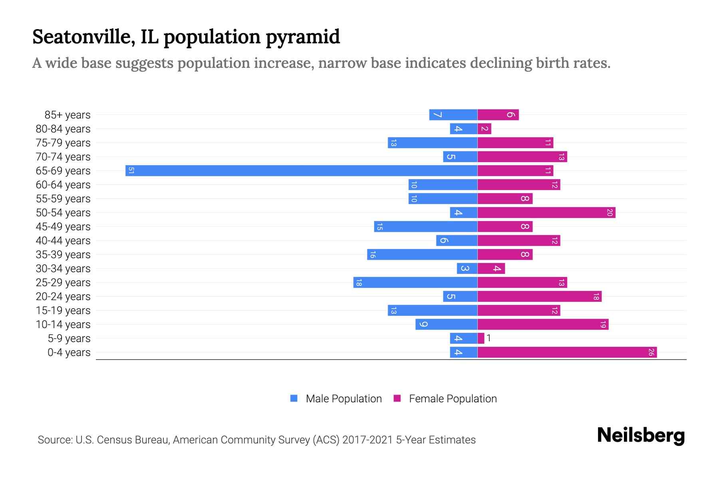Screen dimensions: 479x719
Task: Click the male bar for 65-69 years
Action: (x=302, y=171)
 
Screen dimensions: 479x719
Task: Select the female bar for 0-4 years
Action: (x=567, y=352)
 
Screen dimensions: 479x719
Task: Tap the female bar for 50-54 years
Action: (x=546, y=213)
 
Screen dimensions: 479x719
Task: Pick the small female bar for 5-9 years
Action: (x=481, y=338)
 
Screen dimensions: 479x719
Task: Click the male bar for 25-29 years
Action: (x=415, y=283)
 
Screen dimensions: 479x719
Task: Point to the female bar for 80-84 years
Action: (x=485, y=129)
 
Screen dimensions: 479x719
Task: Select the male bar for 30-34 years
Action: (x=467, y=269)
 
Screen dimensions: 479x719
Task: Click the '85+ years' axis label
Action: (x=68, y=115)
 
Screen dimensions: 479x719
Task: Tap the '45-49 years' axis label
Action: (x=63, y=227)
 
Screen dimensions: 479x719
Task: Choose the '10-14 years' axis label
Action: (x=63, y=325)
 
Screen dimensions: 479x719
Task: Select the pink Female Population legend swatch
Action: (x=397, y=398)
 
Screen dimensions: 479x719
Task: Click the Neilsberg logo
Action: (x=641, y=435)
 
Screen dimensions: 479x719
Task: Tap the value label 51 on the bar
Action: (x=131, y=171)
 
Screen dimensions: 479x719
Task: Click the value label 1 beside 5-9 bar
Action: (x=489, y=338)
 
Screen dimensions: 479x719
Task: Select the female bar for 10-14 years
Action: (x=543, y=325)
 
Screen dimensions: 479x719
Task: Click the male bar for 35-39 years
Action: (x=422, y=255)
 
